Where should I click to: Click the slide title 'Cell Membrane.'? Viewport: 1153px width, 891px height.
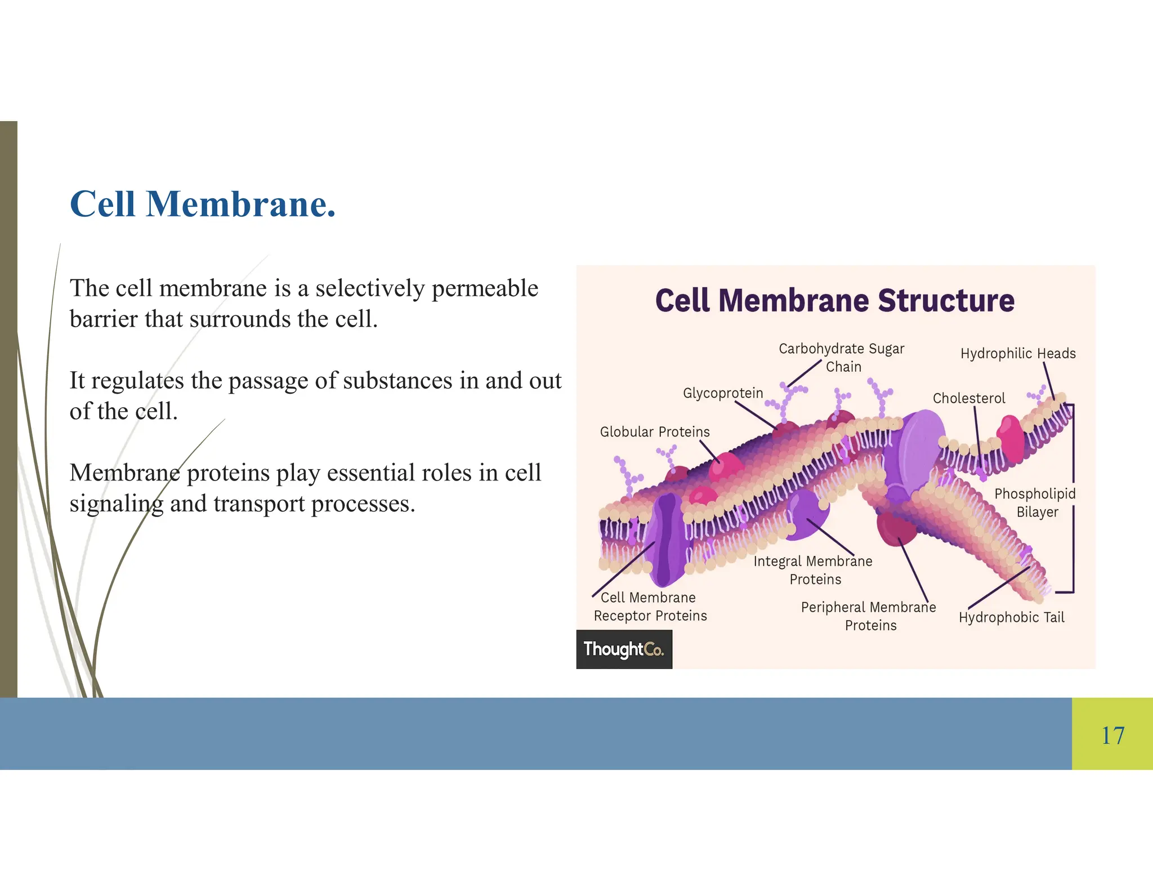click(x=203, y=204)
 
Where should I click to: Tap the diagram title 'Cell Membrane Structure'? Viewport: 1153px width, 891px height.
click(x=835, y=300)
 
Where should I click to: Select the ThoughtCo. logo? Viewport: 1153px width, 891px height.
click(x=624, y=649)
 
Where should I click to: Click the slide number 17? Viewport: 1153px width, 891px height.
click(x=1112, y=736)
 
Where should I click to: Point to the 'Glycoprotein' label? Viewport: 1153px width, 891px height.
click(x=723, y=393)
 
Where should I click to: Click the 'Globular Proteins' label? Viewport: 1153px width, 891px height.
click(x=655, y=432)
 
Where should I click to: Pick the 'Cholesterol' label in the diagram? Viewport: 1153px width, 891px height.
click(x=968, y=398)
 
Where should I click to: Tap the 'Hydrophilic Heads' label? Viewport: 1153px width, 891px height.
click(x=1018, y=354)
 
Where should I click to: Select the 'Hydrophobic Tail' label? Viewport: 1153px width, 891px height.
click(x=1012, y=617)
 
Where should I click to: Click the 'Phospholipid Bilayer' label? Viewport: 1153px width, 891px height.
click(x=1035, y=503)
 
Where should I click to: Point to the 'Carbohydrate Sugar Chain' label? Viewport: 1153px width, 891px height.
click(x=842, y=358)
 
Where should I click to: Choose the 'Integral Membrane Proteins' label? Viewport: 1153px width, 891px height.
click(x=814, y=570)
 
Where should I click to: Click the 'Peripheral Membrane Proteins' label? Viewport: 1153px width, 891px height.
click(x=869, y=616)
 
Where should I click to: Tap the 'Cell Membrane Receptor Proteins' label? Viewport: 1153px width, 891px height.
click(x=650, y=607)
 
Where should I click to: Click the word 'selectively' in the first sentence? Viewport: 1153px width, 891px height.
click(x=370, y=288)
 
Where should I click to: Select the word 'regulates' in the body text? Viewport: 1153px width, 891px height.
click(x=137, y=381)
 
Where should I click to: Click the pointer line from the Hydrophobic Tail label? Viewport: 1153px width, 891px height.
click(x=998, y=587)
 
